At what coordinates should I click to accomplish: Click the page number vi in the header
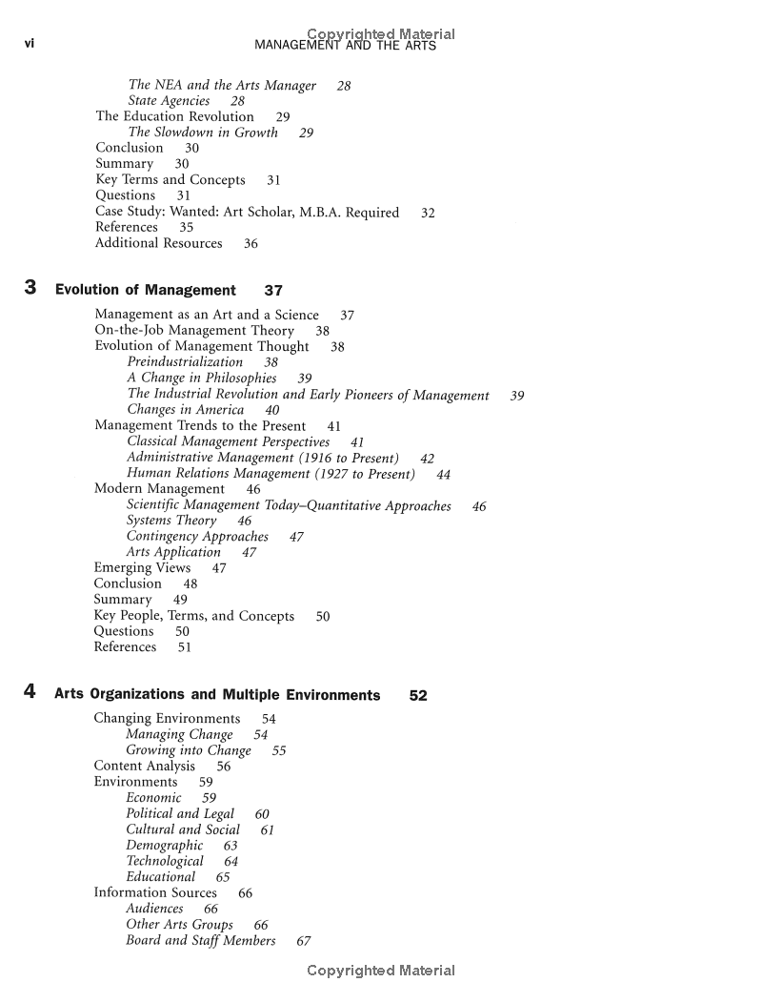coord(29,45)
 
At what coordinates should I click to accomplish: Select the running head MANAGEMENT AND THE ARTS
coord(346,46)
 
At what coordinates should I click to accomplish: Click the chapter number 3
coord(30,288)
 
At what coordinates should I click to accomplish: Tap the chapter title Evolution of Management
coord(146,290)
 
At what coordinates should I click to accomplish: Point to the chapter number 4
coord(30,693)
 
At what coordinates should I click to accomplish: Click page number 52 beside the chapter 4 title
coord(418,695)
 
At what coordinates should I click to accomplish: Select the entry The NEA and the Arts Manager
coord(222,86)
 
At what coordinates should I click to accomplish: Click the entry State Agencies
coord(169,101)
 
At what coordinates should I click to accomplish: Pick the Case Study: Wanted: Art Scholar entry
coord(247,212)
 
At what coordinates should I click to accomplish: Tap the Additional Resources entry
coord(158,243)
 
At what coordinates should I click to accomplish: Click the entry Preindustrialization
coord(185,362)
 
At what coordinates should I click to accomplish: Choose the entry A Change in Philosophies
coord(202,378)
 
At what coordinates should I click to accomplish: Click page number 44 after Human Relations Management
coord(444,474)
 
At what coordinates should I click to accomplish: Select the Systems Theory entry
coord(171,521)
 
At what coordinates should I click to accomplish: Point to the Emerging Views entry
coord(142,568)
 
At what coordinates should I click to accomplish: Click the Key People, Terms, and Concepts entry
coord(193,616)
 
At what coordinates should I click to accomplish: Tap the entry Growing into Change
coord(189,750)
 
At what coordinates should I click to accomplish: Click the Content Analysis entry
coord(144,766)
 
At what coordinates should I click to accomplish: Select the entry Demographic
coord(165,845)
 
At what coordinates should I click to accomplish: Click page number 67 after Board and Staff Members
coord(304,941)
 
